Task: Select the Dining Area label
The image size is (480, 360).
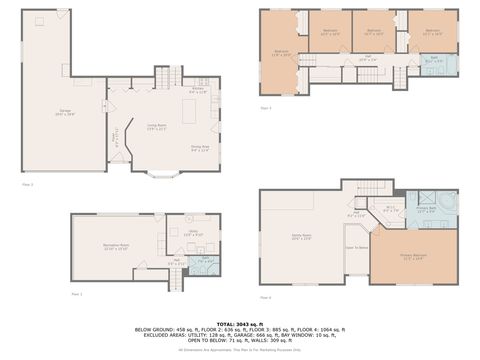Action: (199, 151)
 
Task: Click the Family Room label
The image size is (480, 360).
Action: (302, 238)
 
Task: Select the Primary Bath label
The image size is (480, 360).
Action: (426, 211)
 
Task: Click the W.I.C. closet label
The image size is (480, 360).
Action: (391, 210)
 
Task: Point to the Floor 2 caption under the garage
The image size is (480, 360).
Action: (27, 184)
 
